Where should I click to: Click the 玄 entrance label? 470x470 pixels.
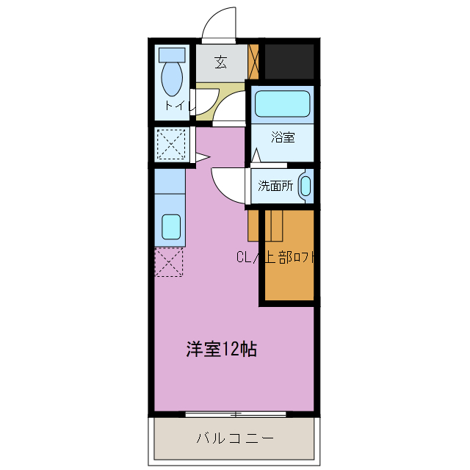[x=220, y=62]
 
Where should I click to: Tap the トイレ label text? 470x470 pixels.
[x=178, y=105]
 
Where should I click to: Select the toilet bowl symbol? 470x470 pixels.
[x=173, y=79]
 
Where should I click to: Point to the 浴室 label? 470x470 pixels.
[x=282, y=137]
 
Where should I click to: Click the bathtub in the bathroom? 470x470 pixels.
[x=283, y=104]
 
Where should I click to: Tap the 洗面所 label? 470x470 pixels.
[x=275, y=186]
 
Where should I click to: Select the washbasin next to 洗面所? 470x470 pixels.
[x=306, y=186]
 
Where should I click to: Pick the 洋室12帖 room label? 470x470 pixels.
[x=220, y=350]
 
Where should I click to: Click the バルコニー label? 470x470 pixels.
[x=235, y=439]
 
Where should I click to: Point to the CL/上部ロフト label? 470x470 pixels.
[x=278, y=257]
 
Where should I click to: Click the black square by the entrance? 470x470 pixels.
[x=289, y=61]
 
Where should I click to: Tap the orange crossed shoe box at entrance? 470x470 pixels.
[x=254, y=62]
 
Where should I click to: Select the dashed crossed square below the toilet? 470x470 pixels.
[x=170, y=143]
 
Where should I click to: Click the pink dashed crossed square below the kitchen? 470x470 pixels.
[x=168, y=262]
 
